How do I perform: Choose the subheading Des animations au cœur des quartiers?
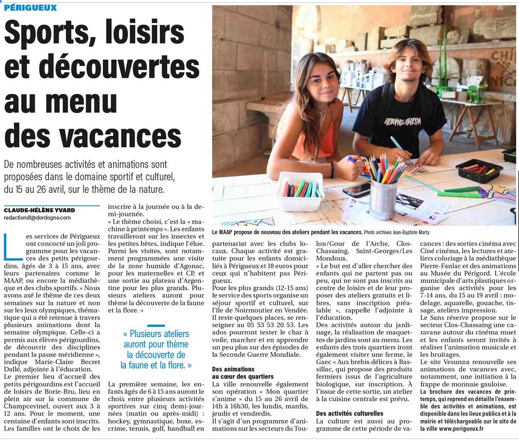(243, 373)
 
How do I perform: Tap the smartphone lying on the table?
(357, 190)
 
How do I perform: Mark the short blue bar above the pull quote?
(156, 325)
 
